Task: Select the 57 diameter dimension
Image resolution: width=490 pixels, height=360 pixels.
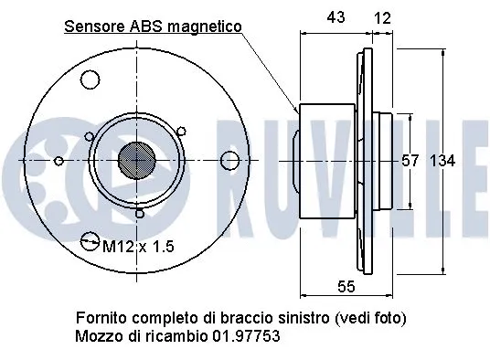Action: [x=410, y=161]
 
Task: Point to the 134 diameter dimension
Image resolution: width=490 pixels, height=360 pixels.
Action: [x=442, y=161]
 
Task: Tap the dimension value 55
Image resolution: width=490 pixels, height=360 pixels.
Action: [x=346, y=287]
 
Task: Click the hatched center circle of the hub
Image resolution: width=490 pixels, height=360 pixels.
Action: [x=138, y=160]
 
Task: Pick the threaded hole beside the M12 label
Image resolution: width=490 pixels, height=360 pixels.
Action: [x=90, y=242]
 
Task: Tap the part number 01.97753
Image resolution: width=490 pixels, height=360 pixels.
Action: [x=246, y=336]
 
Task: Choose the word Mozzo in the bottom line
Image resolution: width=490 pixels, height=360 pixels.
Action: [x=97, y=336]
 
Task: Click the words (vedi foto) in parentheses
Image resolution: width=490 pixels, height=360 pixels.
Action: [x=369, y=318]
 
